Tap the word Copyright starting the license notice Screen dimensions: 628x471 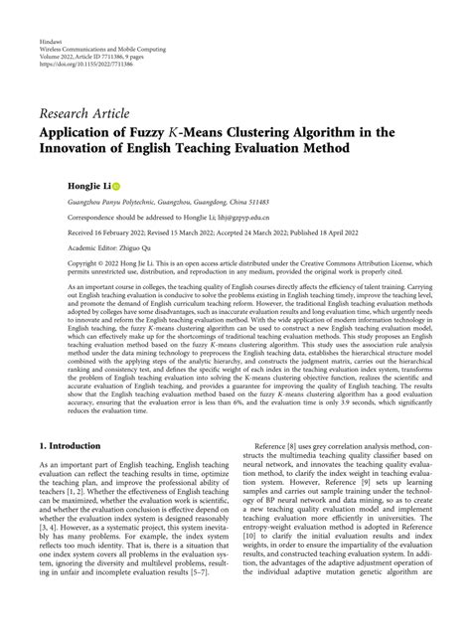(55, 264)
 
